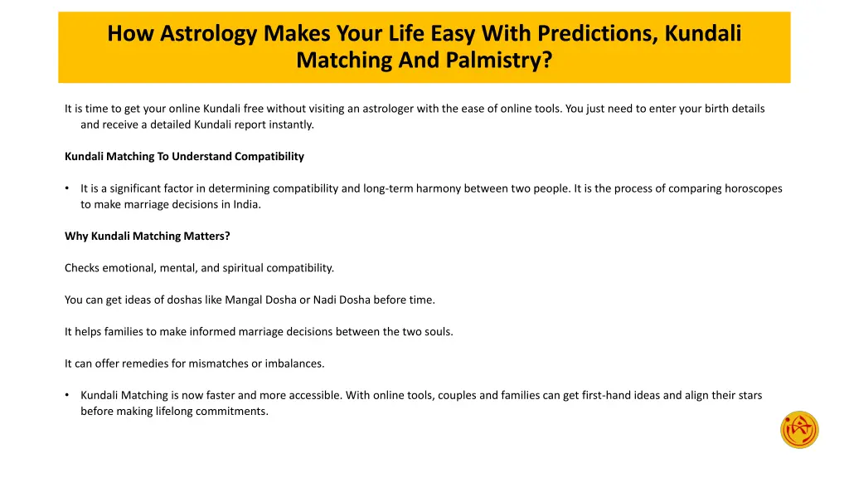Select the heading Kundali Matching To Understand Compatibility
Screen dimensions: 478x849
184,156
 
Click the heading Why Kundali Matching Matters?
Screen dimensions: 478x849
148,236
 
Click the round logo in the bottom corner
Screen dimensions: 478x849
799,429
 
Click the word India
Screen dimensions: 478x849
245,204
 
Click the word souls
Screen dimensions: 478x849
438,332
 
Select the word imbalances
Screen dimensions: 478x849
294,363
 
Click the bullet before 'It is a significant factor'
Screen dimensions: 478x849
67,188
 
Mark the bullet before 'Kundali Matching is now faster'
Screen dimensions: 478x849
67,396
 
